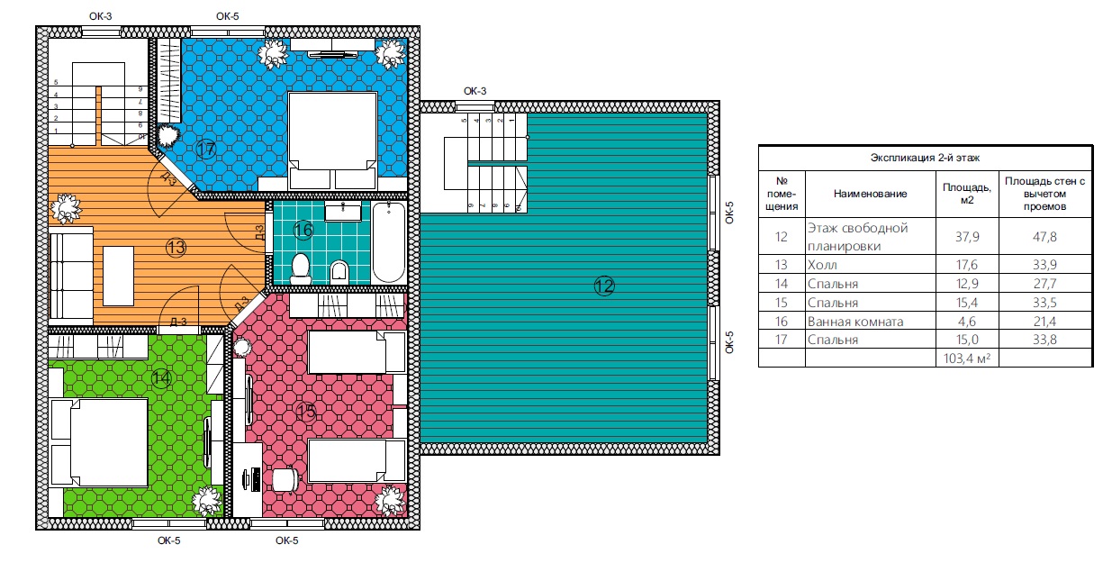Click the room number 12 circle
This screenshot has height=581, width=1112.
pos(604,286)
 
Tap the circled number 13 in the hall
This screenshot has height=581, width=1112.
pos(176,248)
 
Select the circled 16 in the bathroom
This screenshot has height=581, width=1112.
pos(303,230)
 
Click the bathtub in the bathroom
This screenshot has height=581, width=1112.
pos(389,242)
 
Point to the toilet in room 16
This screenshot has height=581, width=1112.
pos(301,268)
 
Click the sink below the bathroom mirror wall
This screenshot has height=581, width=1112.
pos(342,211)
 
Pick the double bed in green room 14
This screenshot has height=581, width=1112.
pos(100,442)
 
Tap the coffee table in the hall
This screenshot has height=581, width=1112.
pos(118,277)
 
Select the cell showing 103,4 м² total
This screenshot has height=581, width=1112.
pos(966,358)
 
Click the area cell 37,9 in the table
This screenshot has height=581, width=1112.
pos(967,236)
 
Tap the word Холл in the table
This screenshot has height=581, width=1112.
pos(822,265)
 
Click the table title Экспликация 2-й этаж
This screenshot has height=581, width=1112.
pos(925,158)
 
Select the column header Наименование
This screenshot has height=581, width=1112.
pos(870,194)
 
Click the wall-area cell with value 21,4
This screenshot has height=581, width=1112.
pos(1044,322)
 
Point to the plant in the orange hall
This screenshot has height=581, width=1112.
pos(65,208)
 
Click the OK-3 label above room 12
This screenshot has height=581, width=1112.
pos(475,91)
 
